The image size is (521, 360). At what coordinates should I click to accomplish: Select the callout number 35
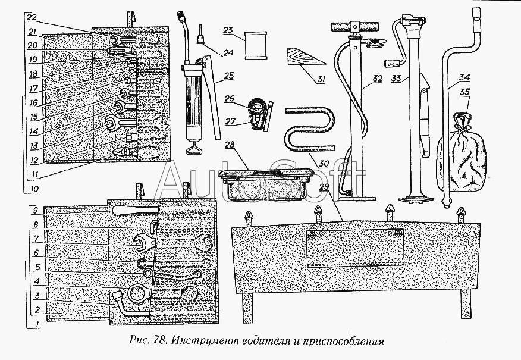(x=464, y=93)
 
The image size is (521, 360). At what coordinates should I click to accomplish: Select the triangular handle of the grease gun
(x=194, y=149)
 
